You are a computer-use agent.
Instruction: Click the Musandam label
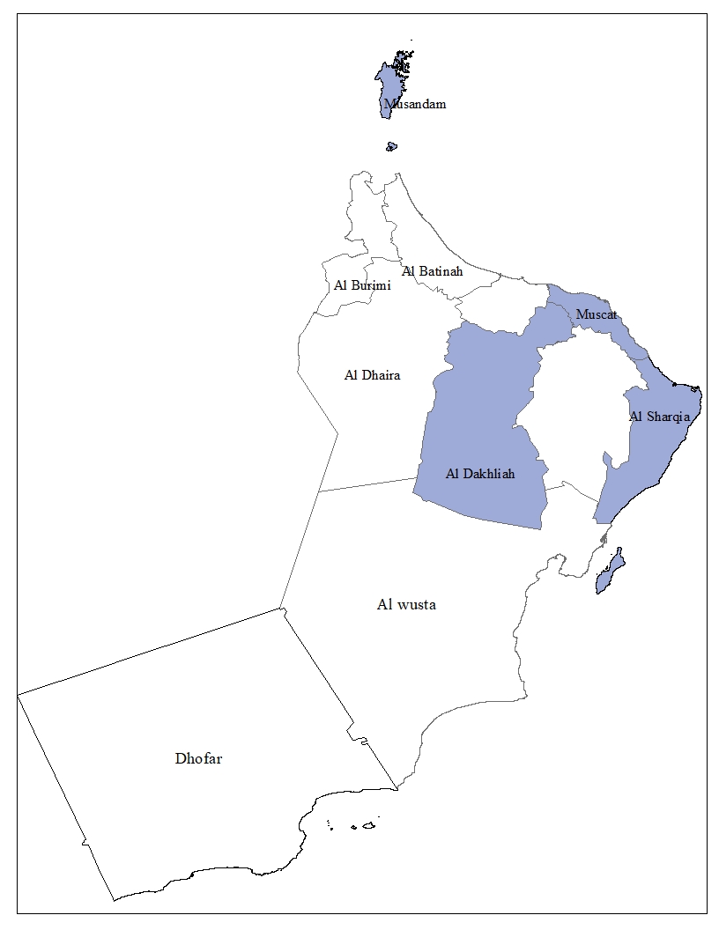415,104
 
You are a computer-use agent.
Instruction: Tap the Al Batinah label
432,271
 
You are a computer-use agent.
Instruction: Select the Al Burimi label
362,285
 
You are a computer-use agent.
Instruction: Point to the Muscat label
597,314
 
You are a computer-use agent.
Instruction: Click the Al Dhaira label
372,375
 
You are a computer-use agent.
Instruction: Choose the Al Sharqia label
659,417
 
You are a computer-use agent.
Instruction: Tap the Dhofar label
198,758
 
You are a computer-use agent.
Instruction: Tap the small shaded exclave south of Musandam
391,146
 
